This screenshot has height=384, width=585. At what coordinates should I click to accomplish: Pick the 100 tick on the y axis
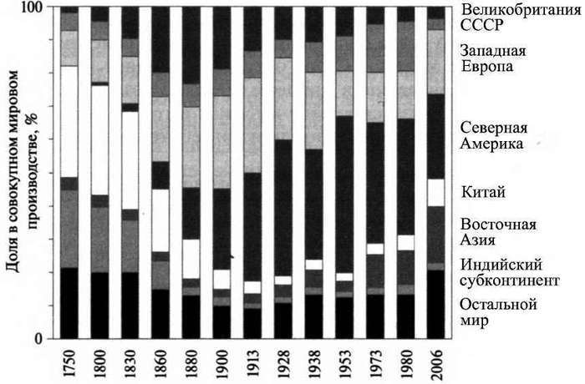(x=40, y=8)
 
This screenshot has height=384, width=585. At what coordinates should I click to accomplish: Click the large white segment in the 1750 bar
(x=69, y=121)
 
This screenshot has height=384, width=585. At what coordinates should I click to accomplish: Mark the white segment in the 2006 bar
(x=436, y=192)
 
